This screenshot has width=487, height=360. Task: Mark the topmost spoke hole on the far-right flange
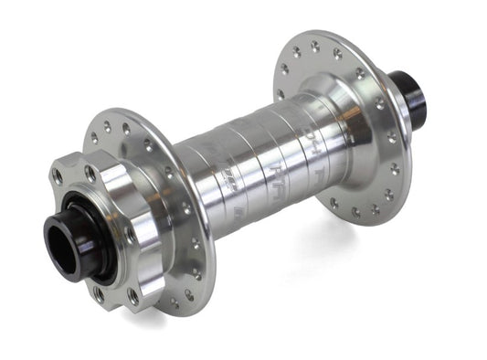click(x=314, y=43)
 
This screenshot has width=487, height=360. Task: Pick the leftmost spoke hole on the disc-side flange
click(x=91, y=140)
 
